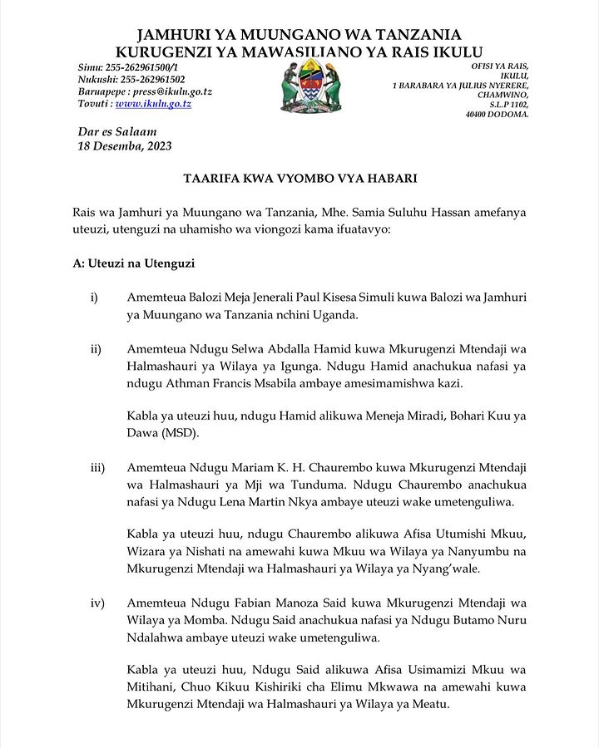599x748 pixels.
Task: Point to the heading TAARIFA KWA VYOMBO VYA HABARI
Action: [x=299, y=179]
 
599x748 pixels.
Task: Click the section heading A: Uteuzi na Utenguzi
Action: [x=134, y=263]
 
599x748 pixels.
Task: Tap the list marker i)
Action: [x=96, y=298]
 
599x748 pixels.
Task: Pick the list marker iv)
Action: [x=97, y=602]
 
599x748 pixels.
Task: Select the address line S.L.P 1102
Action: [x=508, y=105]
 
